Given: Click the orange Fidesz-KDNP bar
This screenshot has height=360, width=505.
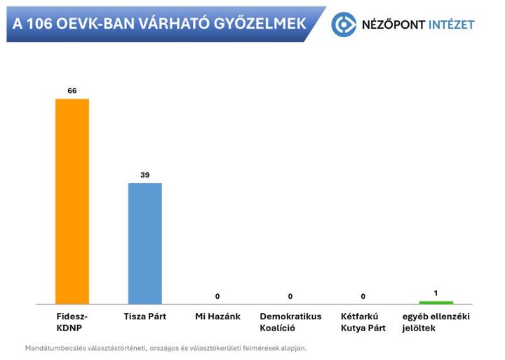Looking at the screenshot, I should click(x=72, y=201).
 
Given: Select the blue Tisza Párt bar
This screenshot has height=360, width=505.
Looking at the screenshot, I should click(x=145, y=243).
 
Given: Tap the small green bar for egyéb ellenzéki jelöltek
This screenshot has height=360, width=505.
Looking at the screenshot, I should click(x=436, y=302).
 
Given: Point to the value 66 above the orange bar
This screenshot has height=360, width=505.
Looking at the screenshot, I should click(x=72, y=91).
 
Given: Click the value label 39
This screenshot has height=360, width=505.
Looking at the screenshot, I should click(x=145, y=175).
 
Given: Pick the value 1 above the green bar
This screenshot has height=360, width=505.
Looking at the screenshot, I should click(x=436, y=292).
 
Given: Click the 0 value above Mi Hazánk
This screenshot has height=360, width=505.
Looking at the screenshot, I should click(x=217, y=296).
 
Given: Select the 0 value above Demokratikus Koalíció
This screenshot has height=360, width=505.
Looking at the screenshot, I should click(x=290, y=296).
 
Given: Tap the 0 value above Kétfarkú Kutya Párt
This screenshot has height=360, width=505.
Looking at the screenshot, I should click(x=363, y=296).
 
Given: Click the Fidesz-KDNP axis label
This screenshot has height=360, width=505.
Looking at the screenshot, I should click(x=72, y=322).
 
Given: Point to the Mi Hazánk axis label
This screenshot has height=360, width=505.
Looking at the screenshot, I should click(x=217, y=316).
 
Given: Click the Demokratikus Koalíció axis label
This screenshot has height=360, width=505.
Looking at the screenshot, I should click(x=290, y=322).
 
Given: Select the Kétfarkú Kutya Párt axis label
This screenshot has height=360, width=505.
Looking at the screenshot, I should click(x=363, y=322).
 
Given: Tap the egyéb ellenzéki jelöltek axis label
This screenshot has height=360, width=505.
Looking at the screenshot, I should click(x=436, y=322).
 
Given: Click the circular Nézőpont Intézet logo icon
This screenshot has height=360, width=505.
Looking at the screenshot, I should click(x=344, y=25).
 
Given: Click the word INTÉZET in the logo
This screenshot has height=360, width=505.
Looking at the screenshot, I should click(x=448, y=25).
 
